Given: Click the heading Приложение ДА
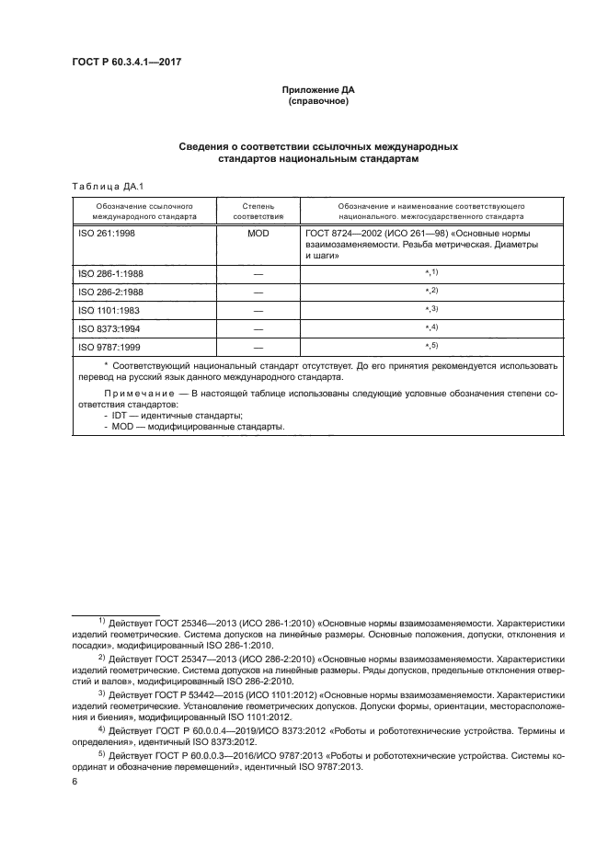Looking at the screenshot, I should (x=316, y=89).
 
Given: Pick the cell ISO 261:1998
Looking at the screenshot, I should (x=108, y=235).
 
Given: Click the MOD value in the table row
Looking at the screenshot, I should (x=258, y=235).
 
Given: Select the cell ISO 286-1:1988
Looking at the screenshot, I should (x=111, y=274).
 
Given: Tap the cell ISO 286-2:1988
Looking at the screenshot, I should (x=111, y=292).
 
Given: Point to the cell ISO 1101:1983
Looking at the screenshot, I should (x=109, y=310).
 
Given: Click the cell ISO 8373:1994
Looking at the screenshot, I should (x=109, y=328).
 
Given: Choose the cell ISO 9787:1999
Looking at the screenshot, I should (x=109, y=347).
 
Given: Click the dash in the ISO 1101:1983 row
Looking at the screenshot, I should (x=258, y=310).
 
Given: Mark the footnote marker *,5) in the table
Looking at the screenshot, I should (x=430, y=346).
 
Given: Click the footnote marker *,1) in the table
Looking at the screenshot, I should (x=430, y=273).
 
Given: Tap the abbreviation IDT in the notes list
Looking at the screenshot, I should (x=118, y=416).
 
